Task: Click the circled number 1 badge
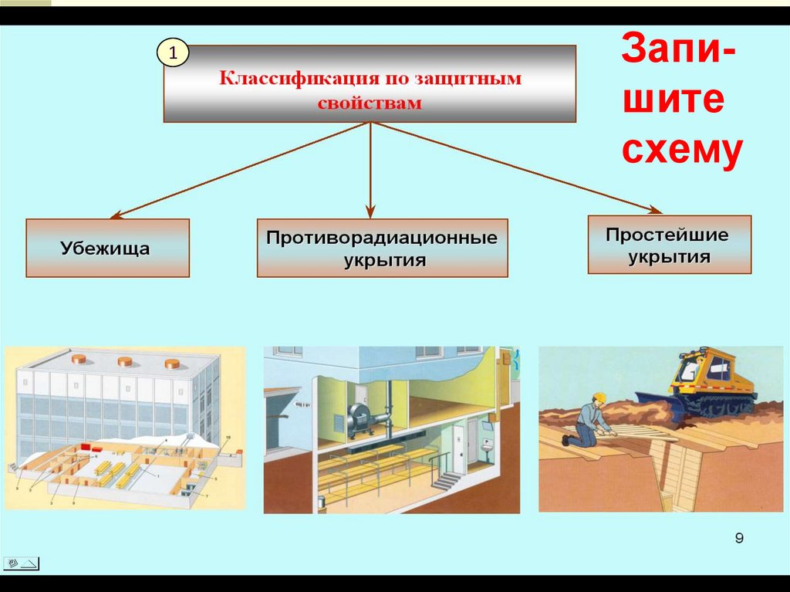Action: [x=173, y=53]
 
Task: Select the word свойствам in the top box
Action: [x=370, y=103]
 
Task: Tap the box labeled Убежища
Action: [x=107, y=249]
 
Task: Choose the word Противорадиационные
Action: [x=382, y=237]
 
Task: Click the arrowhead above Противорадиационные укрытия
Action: [x=370, y=211]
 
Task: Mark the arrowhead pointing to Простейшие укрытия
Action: [x=655, y=209]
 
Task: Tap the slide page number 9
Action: [x=739, y=539]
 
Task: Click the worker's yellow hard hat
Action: [x=598, y=398]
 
